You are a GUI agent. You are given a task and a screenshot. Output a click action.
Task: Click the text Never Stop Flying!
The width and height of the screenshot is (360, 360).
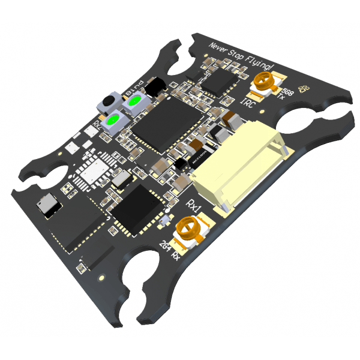(241, 56)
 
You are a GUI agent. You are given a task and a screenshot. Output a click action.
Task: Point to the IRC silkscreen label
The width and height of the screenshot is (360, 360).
(248, 104)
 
